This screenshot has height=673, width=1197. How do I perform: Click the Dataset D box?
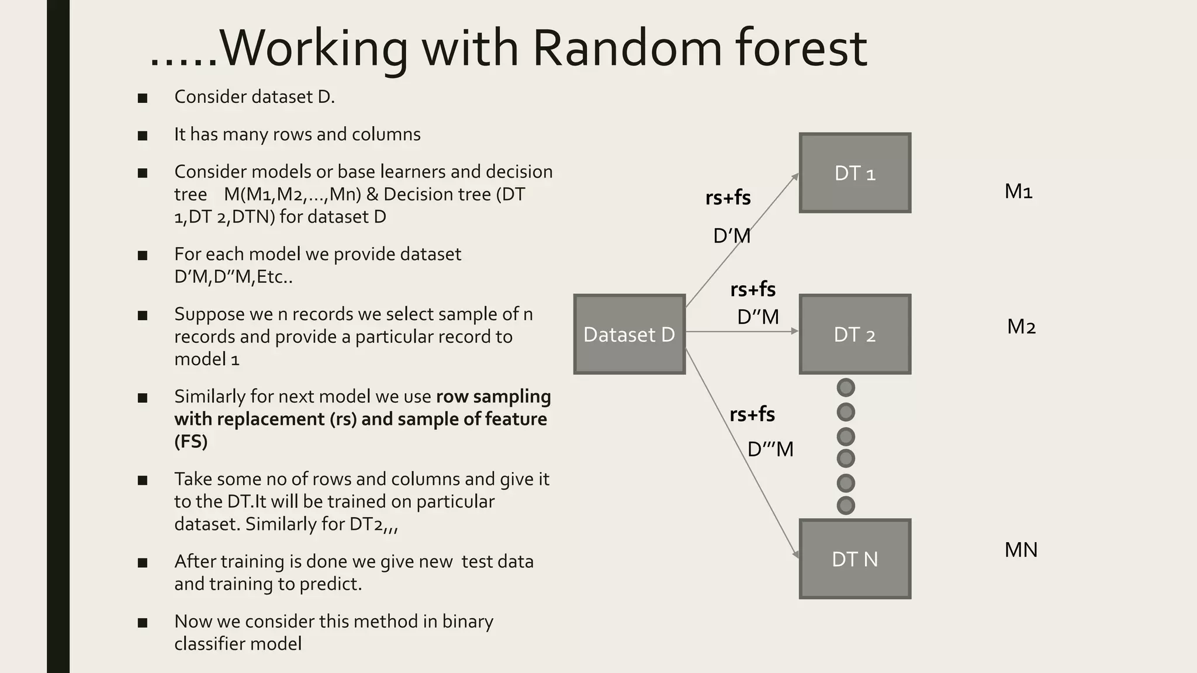(629, 334)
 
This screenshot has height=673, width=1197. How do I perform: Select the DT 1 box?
(854, 173)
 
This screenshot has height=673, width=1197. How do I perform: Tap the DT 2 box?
(854, 334)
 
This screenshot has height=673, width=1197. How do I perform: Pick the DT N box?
(854, 559)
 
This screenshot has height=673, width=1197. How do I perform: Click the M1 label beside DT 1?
(1018, 192)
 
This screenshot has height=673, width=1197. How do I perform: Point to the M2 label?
(1021, 327)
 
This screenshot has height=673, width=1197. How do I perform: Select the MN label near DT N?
(1020, 550)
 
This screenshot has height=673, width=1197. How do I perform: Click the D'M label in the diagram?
(731, 236)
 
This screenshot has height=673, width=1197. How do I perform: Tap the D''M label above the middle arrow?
(757, 317)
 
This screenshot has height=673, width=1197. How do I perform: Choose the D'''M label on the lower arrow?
(770, 449)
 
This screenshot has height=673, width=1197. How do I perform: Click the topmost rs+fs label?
(728, 197)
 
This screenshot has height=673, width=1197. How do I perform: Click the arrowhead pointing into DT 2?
(795, 331)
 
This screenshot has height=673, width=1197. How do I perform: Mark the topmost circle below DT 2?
(846, 387)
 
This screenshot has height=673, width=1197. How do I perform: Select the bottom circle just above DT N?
(846, 505)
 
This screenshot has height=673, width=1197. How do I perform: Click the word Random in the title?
(627, 48)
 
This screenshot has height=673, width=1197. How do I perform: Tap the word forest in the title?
(801, 48)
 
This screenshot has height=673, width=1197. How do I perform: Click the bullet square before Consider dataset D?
(143, 98)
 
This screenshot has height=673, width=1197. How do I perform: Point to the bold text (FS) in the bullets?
(191, 441)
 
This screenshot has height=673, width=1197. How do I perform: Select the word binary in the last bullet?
(468, 621)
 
